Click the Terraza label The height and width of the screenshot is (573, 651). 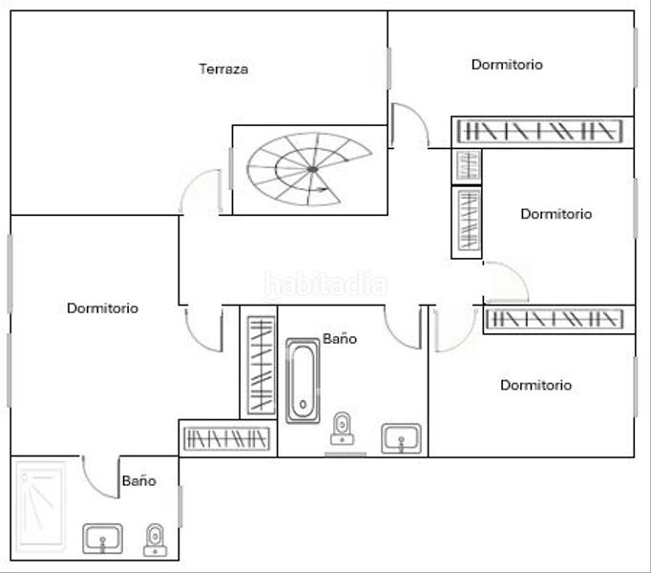[x=223, y=69]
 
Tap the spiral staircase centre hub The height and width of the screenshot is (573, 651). [x=312, y=169]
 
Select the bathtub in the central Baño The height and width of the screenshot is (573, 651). [x=304, y=380]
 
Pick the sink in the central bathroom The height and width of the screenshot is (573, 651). [x=401, y=438]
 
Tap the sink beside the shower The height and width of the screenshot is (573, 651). [x=102, y=539]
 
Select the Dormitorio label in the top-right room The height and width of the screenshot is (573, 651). [x=507, y=65]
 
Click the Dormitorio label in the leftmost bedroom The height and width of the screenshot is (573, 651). [x=102, y=308]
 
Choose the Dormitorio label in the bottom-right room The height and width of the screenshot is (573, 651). [x=535, y=386]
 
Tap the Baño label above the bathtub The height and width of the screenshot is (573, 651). [x=339, y=339]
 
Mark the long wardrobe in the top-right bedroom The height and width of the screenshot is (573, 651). [x=541, y=130]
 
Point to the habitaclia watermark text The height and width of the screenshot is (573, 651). [x=325, y=285]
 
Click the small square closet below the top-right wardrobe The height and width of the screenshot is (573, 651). [x=467, y=165]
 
